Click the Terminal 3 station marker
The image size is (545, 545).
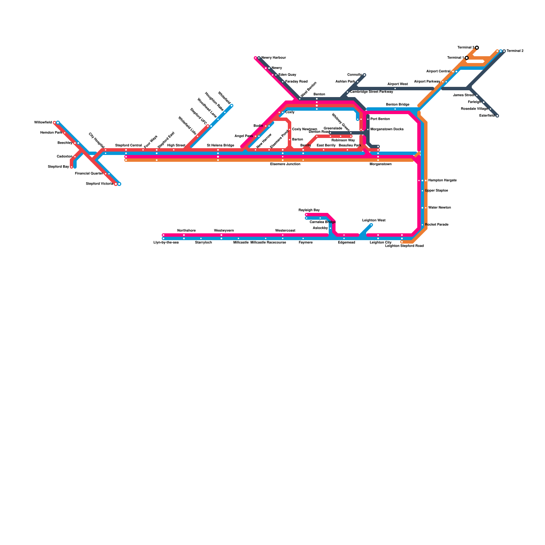[477, 48]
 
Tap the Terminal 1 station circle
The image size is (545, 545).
[467, 58]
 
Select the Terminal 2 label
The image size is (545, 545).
[515, 51]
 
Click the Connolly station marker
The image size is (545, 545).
[364, 75]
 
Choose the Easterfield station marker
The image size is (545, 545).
[497, 116]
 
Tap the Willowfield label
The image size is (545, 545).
[43, 123]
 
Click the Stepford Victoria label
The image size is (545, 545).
[99, 184]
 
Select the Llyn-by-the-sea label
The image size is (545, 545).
[166, 243]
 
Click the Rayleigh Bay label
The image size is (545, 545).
[309, 210]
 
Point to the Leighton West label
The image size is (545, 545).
[374, 220]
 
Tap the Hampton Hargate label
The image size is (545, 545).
[442, 181]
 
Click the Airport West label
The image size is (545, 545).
[398, 84]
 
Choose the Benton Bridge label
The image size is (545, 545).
[398, 105]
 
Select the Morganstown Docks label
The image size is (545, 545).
[387, 129]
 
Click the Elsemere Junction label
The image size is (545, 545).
[285, 164]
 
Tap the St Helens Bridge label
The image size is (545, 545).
[220, 145]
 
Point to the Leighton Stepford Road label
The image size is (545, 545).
[404, 246]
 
